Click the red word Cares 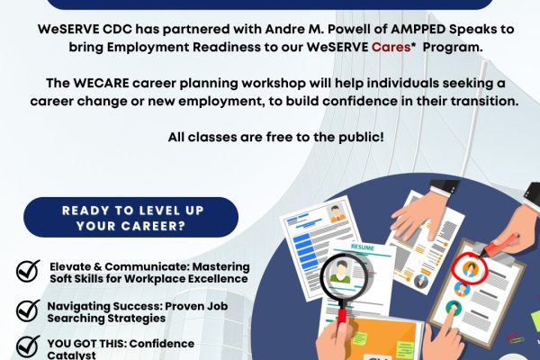[x=391, y=47]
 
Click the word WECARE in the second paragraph [x=101, y=83]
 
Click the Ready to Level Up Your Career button [x=130, y=218]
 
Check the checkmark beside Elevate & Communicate [x=28, y=271]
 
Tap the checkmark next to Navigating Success [x=28, y=310]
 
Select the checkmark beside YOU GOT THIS [x=28, y=346]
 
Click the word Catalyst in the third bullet [x=71, y=355]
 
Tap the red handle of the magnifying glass [x=342, y=316]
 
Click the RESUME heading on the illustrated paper [x=363, y=247]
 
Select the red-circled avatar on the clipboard [x=470, y=267]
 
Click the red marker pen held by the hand [x=500, y=245]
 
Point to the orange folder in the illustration [x=382, y=339]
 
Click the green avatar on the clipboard [x=454, y=307]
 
